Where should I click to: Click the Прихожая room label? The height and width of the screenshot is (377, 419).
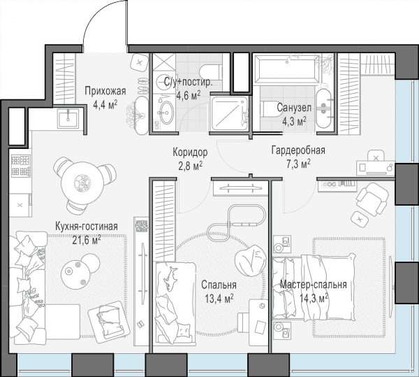105,91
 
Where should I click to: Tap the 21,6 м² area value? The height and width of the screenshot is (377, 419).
87,240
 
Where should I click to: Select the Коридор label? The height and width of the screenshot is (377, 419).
190,152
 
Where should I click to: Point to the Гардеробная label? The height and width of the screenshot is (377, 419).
298,150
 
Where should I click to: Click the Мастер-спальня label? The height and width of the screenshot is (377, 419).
314,285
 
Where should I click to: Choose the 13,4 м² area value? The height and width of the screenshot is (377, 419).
219,298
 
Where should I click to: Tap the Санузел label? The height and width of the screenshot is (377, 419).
294,108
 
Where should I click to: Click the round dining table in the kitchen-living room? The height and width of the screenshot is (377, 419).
82,183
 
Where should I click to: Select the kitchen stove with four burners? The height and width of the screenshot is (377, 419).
20,166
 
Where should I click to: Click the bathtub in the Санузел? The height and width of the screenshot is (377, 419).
286,69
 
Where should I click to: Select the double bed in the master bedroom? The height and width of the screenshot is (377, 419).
314,287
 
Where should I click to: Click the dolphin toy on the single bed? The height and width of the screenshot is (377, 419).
171,278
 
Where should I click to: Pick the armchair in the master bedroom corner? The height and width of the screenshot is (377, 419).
372,199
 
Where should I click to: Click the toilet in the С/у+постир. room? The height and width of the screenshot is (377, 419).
210,72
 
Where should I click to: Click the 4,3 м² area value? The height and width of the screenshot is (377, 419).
294,121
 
